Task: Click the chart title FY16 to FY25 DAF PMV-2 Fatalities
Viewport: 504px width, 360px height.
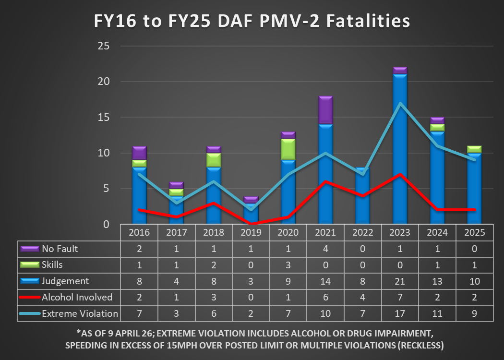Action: (252, 22)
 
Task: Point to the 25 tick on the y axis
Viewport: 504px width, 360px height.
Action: (104, 46)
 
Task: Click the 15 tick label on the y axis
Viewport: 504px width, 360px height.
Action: (104, 118)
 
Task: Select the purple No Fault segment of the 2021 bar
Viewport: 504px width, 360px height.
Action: (325, 110)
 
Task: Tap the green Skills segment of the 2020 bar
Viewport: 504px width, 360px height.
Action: (288, 149)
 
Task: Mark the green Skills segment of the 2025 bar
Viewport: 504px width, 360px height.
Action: (474, 149)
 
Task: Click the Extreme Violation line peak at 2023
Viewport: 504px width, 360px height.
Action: (400, 103)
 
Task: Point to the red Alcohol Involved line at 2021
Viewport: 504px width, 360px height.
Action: (325, 181)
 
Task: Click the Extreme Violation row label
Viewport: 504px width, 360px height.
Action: (80, 313)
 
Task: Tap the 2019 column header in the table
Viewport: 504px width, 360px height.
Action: (251, 233)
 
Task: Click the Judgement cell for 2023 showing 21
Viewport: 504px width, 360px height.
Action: (400, 281)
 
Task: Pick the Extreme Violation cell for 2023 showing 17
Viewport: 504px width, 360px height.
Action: (400, 313)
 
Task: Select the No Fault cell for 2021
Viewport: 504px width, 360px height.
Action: (325, 249)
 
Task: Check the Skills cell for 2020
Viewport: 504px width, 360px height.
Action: (288, 265)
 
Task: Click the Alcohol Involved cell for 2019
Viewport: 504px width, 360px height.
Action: (251, 297)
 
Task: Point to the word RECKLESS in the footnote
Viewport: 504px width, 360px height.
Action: (416, 346)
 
